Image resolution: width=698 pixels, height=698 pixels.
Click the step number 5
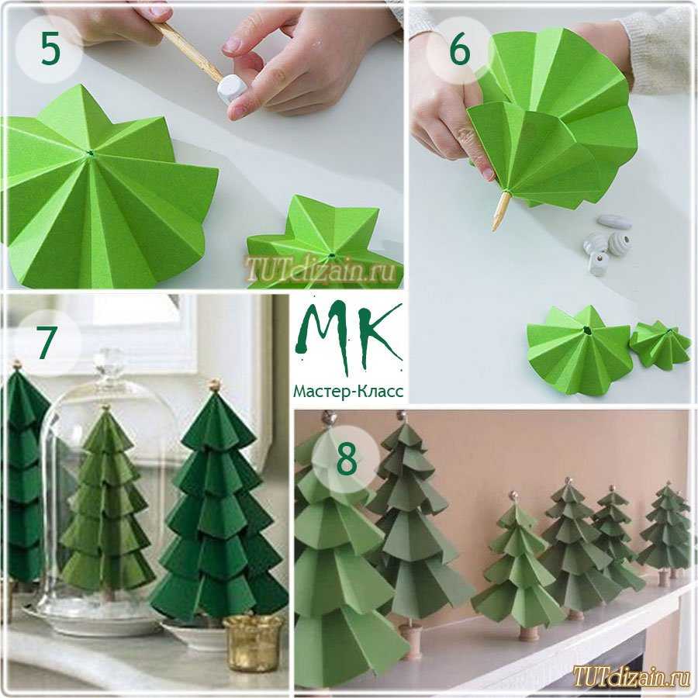tap(50, 49)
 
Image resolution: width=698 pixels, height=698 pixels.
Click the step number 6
tap(459, 50)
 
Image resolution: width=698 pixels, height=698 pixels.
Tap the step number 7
tap(47, 342)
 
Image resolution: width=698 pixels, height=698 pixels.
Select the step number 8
tap(347, 460)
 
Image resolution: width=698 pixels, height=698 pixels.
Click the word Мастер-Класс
tap(348, 392)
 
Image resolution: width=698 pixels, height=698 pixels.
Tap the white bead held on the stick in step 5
tap(230, 88)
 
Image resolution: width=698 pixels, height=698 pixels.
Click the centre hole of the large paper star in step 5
tap(91, 154)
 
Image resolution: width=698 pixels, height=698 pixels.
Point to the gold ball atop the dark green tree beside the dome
tap(215, 384)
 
